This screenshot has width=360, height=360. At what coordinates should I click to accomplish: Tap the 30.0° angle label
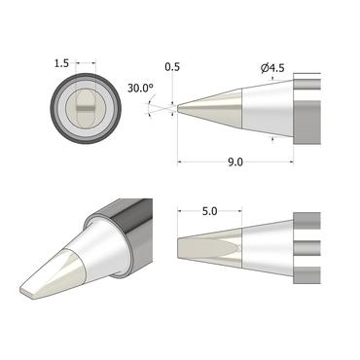[141, 87]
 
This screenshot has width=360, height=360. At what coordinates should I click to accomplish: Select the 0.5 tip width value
[173, 67]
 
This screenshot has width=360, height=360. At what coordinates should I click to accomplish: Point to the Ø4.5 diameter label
[271, 67]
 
